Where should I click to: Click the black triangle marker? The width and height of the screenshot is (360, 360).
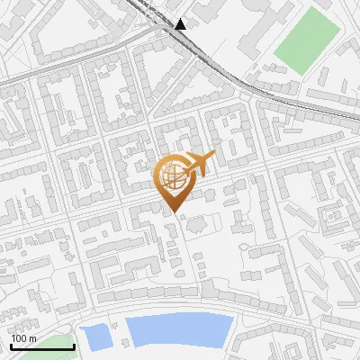(x=182, y=23)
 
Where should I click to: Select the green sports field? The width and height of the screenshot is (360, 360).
(x=307, y=41)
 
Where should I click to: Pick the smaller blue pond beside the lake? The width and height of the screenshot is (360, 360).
(x=94, y=337)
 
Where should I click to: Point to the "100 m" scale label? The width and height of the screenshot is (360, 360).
(x=24, y=338)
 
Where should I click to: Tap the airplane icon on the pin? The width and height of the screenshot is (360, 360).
(x=201, y=162)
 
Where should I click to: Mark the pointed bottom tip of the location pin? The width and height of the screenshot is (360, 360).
(x=173, y=212)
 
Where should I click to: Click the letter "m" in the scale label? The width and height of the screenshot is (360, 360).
(x=33, y=338)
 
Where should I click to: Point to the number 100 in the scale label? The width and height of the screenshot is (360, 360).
(x=21, y=338)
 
